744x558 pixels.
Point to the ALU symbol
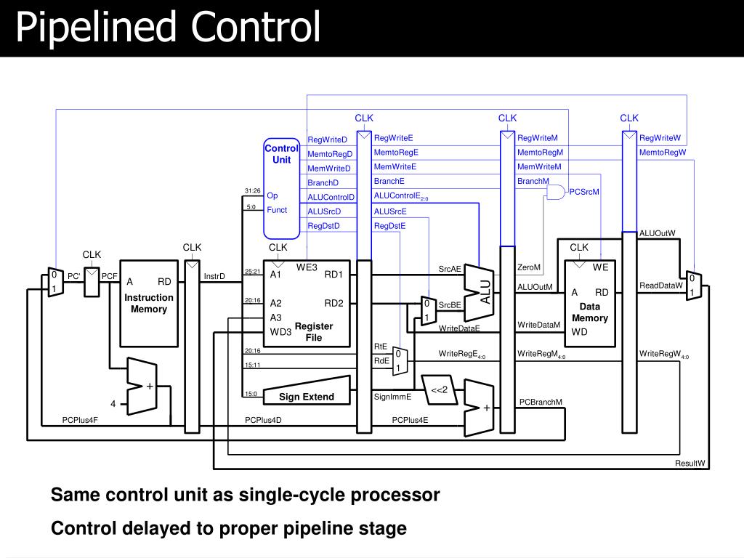tap(481, 291)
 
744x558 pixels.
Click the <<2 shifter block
tap(439, 391)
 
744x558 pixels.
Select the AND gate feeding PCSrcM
tap(555, 193)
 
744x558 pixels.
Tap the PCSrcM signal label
tap(583, 192)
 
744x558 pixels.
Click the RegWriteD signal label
tap(328, 139)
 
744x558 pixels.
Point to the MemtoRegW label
tap(662, 153)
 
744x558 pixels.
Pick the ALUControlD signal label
tap(331, 197)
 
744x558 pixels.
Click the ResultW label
tap(690, 463)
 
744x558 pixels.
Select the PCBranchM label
tap(541, 402)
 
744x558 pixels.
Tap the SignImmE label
tap(392, 397)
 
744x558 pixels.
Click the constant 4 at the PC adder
tap(113, 403)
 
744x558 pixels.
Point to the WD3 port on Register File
tap(280, 332)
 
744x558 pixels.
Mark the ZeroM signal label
tap(528, 267)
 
